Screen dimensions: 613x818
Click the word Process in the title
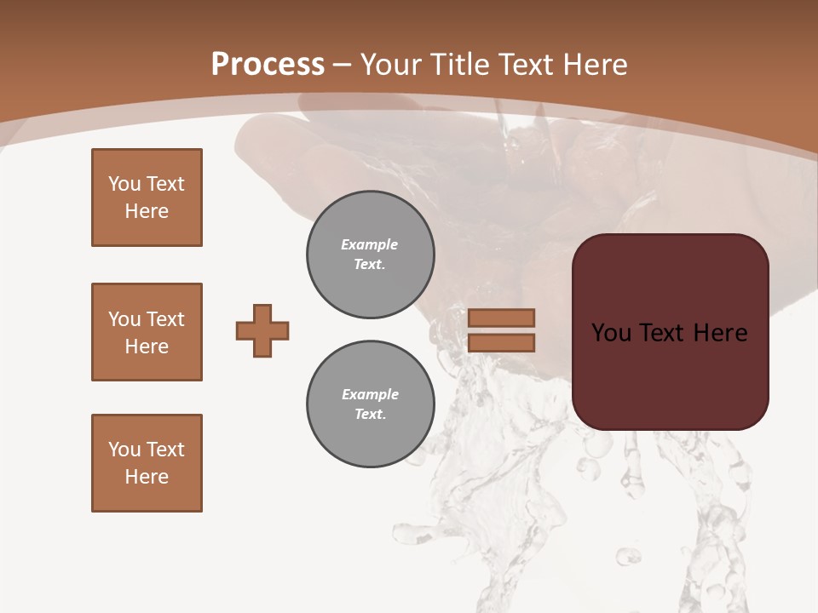[x=268, y=65]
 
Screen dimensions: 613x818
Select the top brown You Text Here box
[x=147, y=198]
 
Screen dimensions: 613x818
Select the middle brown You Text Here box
[x=147, y=332]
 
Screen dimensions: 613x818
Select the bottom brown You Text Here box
[x=147, y=463]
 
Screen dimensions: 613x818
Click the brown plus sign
[x=262, y=330]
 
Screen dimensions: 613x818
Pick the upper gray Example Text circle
[x=371, y=254]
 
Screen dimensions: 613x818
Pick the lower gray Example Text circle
[x=371, y=404]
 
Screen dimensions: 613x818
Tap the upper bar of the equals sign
[x=501, y=318]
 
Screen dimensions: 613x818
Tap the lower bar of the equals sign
[x=501, y=343]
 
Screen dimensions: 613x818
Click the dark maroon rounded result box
[x=671, y=375]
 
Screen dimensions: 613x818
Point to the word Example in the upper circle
[x=370, y=244]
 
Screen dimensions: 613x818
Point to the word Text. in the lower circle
[x=370, y=414]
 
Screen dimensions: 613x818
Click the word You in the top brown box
[x=124, y=184]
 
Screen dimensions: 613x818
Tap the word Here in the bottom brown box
[x=147, y=477]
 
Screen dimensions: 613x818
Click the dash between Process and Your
[x=343, y=65]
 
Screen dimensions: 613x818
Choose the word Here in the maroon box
[x=720, y=333]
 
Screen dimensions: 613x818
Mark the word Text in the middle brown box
[x=164, y=319]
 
